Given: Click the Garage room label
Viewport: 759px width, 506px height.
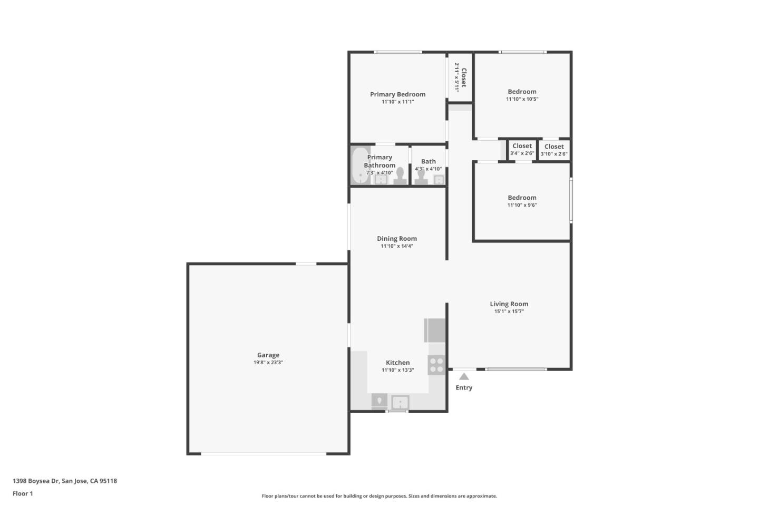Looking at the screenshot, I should click(x=268, y=355).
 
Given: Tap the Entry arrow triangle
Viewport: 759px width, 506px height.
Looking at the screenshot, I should click(x=464, y=376).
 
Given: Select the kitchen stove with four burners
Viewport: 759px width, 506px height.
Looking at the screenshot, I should click(x=436, y=364).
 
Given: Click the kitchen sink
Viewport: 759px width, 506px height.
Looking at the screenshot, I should click(x=400, y=402).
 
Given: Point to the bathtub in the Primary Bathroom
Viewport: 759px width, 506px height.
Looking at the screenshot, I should click(x=361, y=165).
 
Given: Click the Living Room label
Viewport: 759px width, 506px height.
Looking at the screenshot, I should click(x=509, y=304).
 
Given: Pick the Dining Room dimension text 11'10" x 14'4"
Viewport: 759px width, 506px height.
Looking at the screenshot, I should click(x=397, y=246).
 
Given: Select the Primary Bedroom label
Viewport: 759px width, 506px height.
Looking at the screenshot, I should click(x=397, y=94).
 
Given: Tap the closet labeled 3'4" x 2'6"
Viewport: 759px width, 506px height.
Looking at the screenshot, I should click(x=522, y=150).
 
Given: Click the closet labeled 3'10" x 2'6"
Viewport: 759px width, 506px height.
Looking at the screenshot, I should click(x=554, y=150).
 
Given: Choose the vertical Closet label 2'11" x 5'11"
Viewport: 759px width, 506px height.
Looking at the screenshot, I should click(x=460, y=77).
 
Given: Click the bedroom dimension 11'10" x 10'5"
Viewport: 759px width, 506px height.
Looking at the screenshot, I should click(x=522, y=99).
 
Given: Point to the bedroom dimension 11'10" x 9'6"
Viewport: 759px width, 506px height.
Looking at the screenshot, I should click(x=522, y=205).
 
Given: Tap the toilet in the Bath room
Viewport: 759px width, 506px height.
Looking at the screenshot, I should click(x=421, y=176).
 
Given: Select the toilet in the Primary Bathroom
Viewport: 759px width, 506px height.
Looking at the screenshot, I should click(x=400, y=176).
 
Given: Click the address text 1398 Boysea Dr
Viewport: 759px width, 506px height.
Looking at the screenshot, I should click(x=65, y=481).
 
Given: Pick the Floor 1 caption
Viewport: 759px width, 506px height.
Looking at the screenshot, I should click(x=23, y=494).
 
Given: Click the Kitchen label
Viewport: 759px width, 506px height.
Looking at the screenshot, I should click(x=397, y=363).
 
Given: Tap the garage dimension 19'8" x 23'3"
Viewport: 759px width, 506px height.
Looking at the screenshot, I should click(x=268, y=363).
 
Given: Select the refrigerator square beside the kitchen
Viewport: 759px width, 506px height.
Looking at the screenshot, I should click(x=435, y=330).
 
